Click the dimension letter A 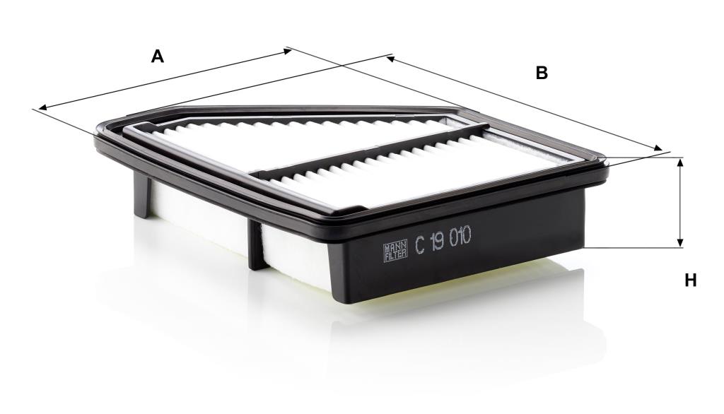[x=158, y=57]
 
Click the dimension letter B [x=542, y=73]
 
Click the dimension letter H [x=690, y=280]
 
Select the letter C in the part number [x=420, y=244]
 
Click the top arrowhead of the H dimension [x=679, y=162]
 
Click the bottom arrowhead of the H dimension [x=679, y=243]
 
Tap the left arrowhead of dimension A [x=42, y=108]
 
